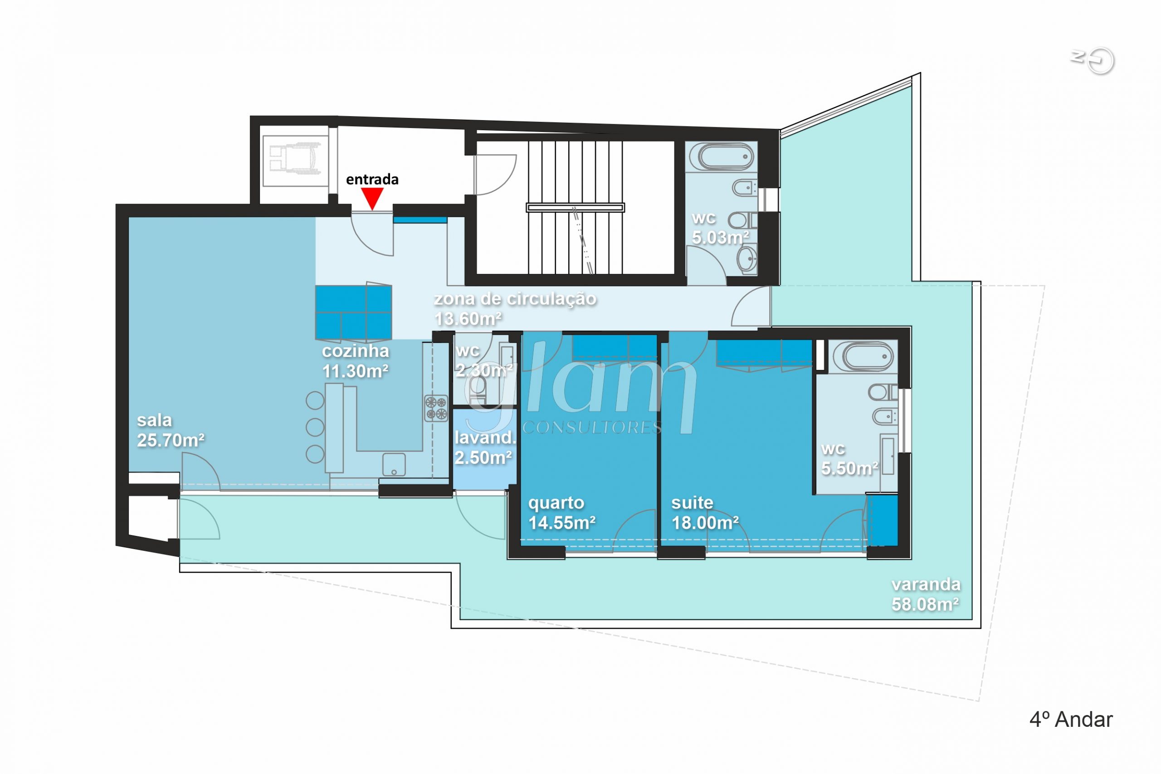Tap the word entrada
[372, 179]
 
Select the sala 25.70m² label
[171, 430]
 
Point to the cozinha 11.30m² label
[356, 361]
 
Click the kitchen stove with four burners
[436, 408]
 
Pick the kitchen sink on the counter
[394, 464]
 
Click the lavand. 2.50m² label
[485, 447]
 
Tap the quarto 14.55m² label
[562, 512]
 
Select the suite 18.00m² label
[705, 512]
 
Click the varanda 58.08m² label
[926, 594]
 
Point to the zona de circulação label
[515, 299]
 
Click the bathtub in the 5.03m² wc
[721, 156]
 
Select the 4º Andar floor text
[1071, 720]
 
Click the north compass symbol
[1093, 60]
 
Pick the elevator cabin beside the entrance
[295, 161]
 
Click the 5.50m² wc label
[849, 458]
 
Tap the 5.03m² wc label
[720, 228]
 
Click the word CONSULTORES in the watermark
[591, 427]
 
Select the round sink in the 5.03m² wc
[747, 258]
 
